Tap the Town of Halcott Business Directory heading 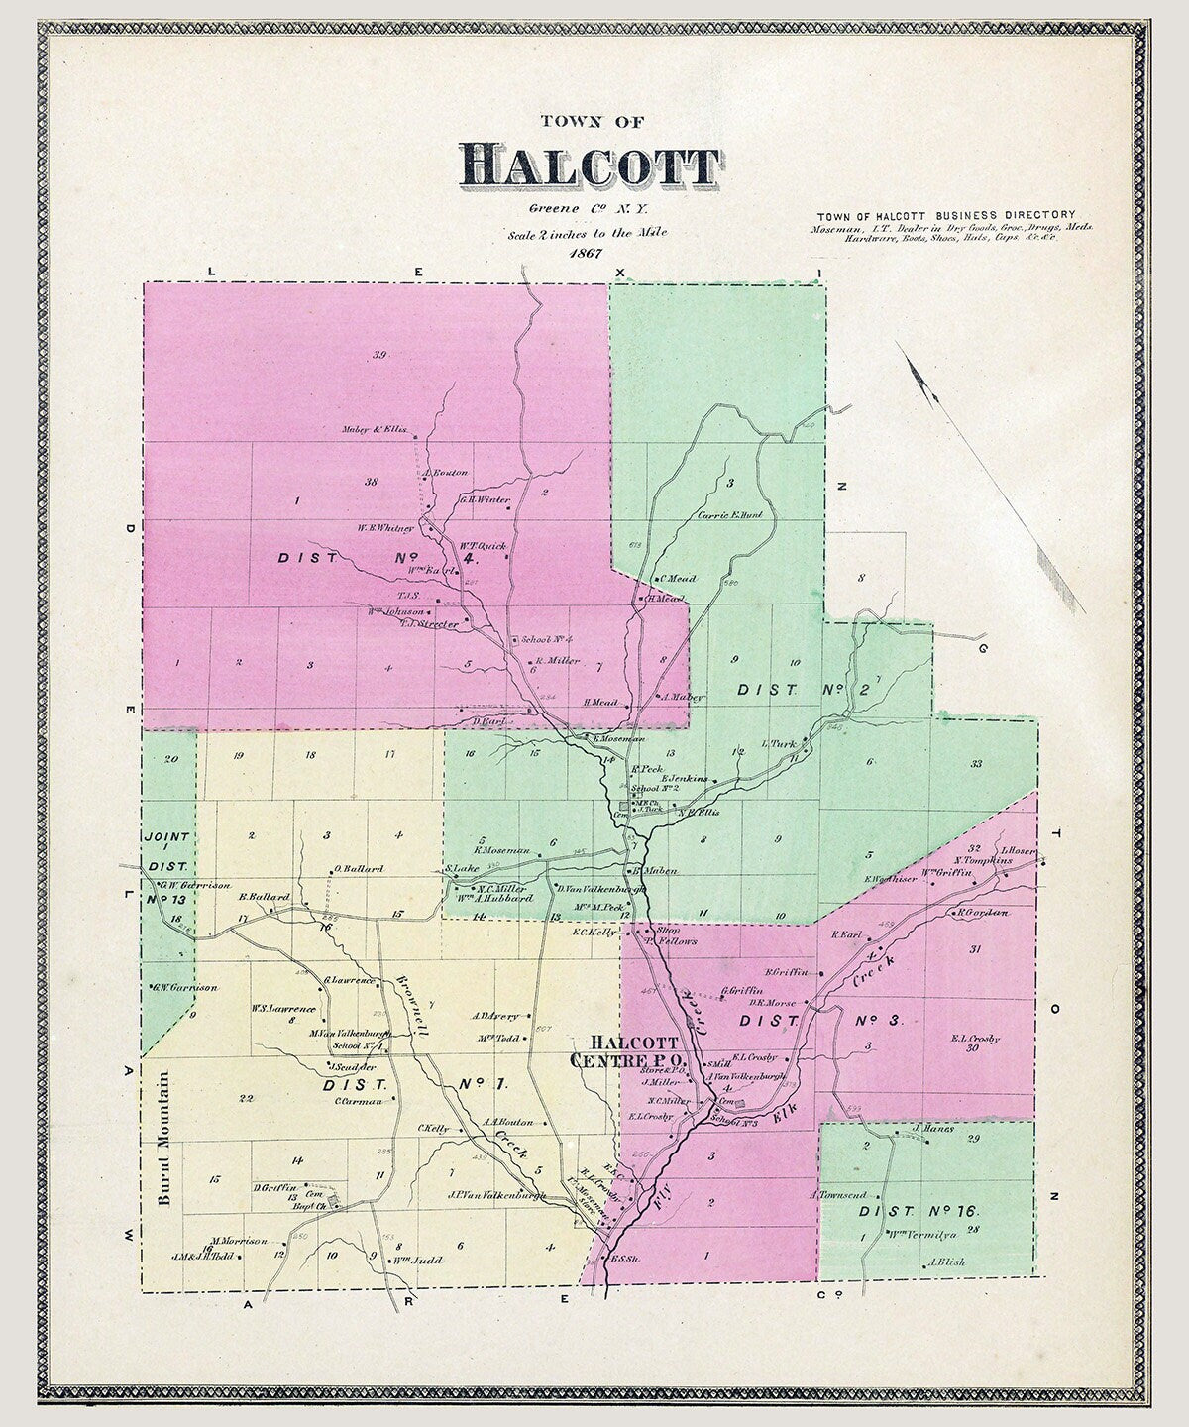(x=946, y=214)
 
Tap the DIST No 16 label (x=919, y=1211)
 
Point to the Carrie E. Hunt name (x=729, y=514)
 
